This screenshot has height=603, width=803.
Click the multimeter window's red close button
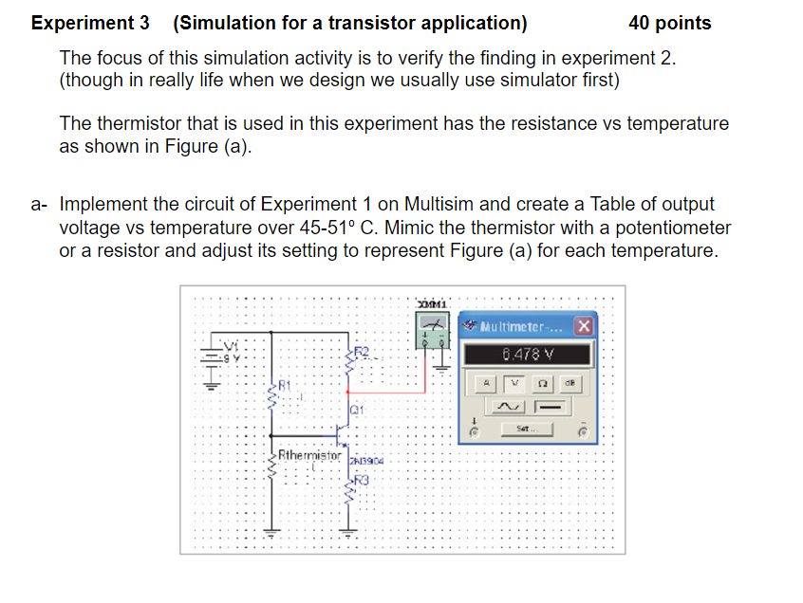tap(584, 325)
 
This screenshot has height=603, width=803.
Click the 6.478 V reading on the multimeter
tap(527, 356)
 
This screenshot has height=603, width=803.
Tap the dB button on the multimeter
tap(571, 384)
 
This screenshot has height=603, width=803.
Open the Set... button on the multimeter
tap(527, 429)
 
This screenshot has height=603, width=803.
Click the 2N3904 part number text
tap(366, 460)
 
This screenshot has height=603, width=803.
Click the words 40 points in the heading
tap(669, 23)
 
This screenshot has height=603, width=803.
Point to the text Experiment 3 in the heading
tap(84, 23)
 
